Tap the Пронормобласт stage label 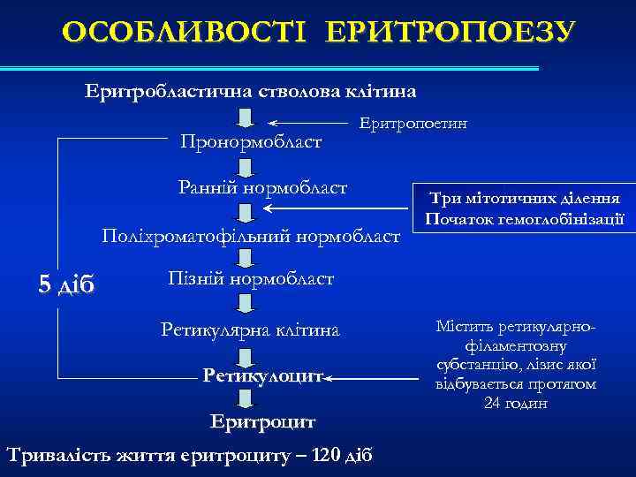click(251, 141)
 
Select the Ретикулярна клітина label click(250, 329)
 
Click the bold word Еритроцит click(262, 421)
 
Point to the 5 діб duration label click(67, 284)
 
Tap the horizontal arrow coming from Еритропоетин click(309, 123)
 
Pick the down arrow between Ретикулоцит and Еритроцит click(246, 399)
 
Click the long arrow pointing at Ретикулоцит click(371, 378)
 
